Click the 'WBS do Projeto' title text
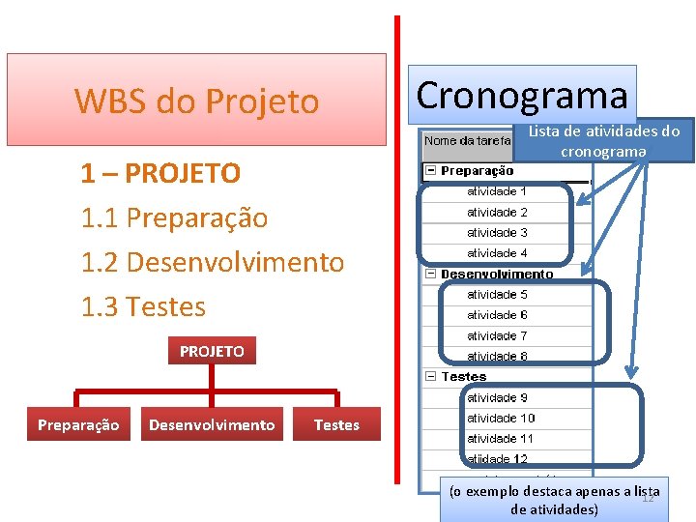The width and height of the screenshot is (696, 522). (196, 101)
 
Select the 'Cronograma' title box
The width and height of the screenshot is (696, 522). (522, 95)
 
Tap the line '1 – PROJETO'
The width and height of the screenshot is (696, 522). (160, 174)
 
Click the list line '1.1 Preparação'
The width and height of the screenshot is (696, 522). (174, 218)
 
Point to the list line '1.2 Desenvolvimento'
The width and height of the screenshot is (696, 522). (213, 262)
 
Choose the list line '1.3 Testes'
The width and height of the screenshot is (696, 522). (144, 307)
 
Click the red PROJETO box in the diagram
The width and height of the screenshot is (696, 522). (212, 351)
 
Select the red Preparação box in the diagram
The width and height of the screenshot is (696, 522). (78, 424)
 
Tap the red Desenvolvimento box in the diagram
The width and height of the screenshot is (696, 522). (212, 424)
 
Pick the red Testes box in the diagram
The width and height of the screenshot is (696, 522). (336, 424)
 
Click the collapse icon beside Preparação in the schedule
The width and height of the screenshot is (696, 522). (431, 171)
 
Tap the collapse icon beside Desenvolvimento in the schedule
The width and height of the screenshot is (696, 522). (431, 274)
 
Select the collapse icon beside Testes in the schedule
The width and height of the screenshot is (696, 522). (431, 376)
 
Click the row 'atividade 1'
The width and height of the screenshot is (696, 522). (497, 191)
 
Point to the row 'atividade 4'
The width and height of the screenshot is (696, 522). (497, 253)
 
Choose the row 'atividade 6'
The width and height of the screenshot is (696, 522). (497, 315)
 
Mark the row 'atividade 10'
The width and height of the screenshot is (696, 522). (500, 418)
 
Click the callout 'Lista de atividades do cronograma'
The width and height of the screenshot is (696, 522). (604, 141)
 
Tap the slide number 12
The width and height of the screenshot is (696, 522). (649, 497)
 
